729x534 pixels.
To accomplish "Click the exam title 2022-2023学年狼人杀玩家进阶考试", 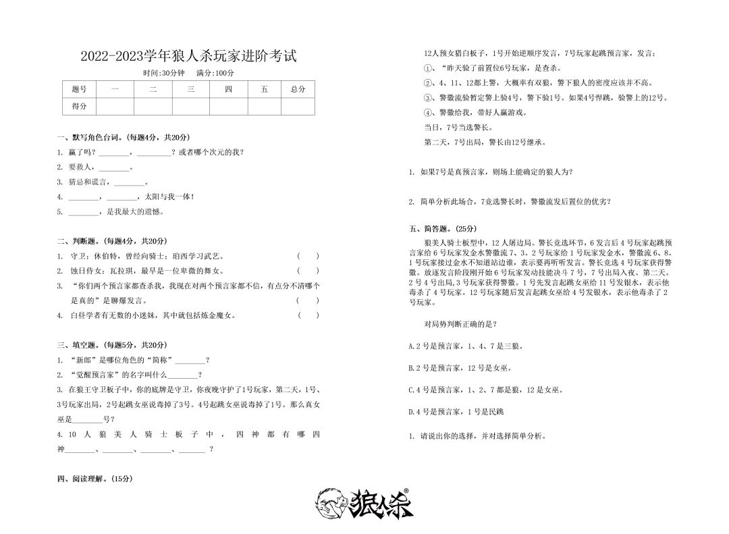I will pos(188,56).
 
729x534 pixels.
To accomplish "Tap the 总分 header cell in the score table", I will pos(297,89).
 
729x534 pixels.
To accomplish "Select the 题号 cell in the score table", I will pos(79,89).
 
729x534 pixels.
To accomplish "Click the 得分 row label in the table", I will pos(79,106).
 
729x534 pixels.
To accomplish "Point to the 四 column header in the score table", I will pos(228,89).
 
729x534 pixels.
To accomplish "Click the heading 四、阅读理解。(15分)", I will pos(95,479).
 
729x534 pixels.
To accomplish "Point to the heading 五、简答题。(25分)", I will pos(442,228).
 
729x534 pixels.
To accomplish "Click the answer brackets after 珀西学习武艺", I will pos(308,256).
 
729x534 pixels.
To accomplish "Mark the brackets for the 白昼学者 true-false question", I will pos(308,315).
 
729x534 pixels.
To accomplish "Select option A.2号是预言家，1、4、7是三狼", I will pos(466,346).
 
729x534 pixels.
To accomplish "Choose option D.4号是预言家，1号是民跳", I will pos(456,411).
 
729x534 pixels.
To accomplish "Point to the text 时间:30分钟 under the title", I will pos(164,73).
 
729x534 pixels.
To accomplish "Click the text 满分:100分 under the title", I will pos(215,73).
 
